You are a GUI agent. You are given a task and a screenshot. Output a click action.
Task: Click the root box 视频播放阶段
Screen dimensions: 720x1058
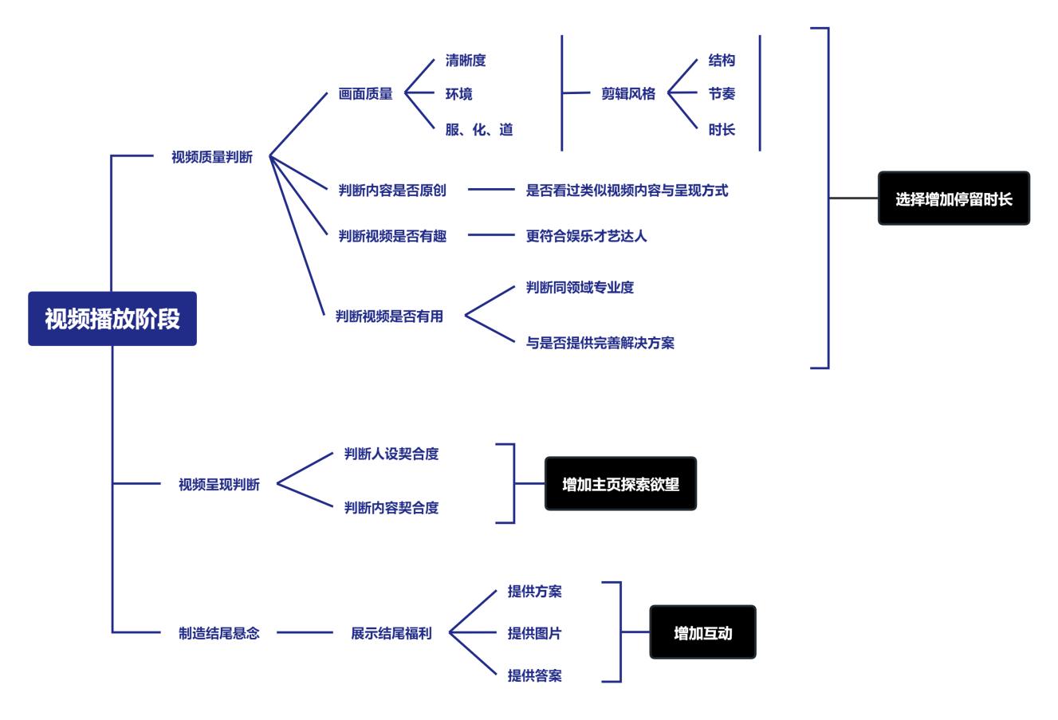[x=112, y=318]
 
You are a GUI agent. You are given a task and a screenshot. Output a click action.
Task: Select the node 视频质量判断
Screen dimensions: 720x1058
[x=212, y=157]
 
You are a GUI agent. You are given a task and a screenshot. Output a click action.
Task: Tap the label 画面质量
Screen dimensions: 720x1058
[x=366, y=94]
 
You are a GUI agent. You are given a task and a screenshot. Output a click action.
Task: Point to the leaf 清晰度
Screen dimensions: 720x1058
[x=466, y=61]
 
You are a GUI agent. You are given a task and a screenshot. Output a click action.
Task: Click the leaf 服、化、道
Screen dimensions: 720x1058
[x=479, y=130]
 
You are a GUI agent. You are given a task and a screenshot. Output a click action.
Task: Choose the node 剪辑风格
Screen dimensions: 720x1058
[x=628, y=94]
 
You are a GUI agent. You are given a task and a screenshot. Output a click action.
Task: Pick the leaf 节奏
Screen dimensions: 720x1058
[x=722, y=94]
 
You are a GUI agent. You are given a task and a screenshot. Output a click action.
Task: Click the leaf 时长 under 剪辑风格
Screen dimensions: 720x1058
[x=722, y=130]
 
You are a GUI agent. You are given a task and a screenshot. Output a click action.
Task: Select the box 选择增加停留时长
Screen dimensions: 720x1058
[x=954, y=199]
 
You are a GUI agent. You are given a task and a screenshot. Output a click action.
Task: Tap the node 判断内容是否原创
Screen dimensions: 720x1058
[x=392, y=191]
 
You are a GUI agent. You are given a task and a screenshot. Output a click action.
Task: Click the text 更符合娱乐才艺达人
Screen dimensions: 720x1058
[x=587, y=236]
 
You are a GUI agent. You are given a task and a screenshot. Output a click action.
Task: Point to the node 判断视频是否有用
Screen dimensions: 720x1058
[x=389, y=316]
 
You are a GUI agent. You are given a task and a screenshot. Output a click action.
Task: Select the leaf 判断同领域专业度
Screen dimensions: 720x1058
[x=580, y=288]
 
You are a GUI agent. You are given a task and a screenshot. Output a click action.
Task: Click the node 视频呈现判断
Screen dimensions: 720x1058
[x=219, y=484]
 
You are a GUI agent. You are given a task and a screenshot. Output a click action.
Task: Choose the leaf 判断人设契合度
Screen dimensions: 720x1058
[x=391, y=454]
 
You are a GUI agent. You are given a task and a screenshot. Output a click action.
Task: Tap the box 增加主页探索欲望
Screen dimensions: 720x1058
[x=620, y=484]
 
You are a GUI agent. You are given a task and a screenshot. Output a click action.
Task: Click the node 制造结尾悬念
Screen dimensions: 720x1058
[x=219, y=633]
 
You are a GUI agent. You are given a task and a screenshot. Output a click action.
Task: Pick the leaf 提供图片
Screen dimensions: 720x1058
[x=535, y=633]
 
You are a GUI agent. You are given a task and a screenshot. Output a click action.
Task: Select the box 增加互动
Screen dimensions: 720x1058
[x=702, y=633]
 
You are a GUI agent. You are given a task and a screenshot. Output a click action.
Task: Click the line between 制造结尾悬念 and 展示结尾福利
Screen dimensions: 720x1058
[x=305, y=633]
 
